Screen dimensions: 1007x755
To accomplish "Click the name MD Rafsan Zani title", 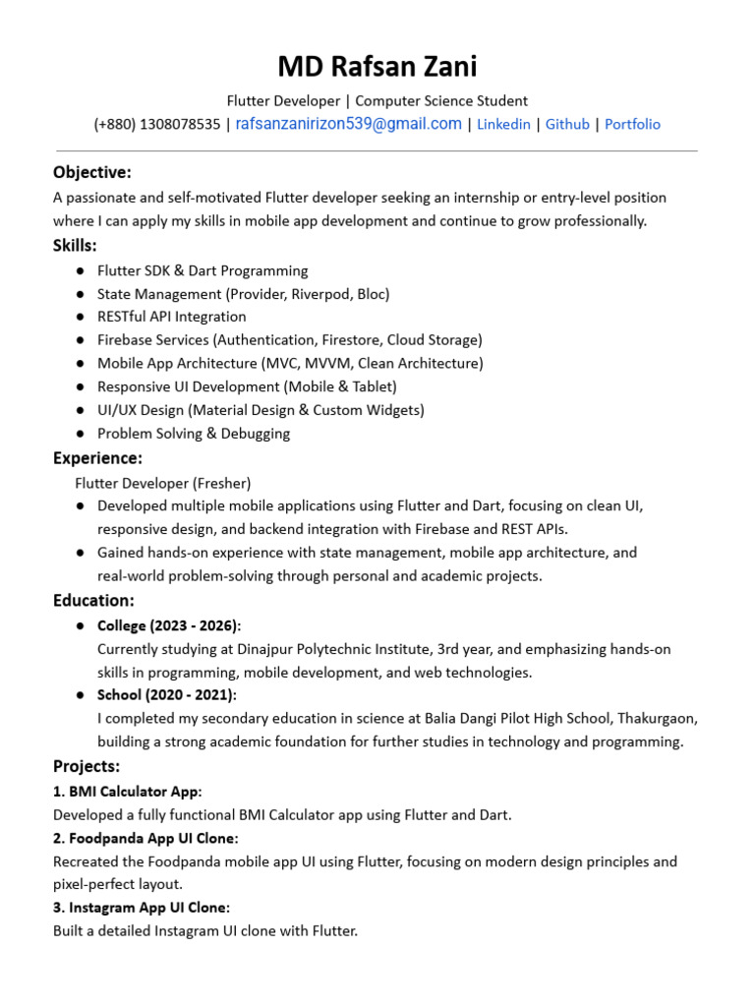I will point(377,67).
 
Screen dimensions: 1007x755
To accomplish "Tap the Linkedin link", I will point(503,125).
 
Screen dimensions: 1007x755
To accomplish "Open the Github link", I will point(567,125).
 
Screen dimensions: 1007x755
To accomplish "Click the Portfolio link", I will point(632,125).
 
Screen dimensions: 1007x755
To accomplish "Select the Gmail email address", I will point(348,124).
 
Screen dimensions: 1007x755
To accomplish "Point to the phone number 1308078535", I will point(180,125).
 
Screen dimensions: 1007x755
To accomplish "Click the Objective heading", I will point(91,173).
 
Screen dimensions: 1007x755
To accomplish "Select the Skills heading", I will point(75,246).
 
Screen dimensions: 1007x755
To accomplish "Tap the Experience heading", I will point(97,458).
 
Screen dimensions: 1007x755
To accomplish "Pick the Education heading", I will point(93,601).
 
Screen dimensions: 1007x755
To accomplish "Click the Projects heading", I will point(87,766).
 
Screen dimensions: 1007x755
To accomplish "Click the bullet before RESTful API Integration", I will point(79,318).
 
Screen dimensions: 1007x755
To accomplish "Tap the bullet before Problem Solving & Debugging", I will point(79,434).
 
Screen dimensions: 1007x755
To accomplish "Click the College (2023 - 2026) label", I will point(168,626).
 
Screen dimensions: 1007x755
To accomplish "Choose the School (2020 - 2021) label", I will point(166,695).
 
